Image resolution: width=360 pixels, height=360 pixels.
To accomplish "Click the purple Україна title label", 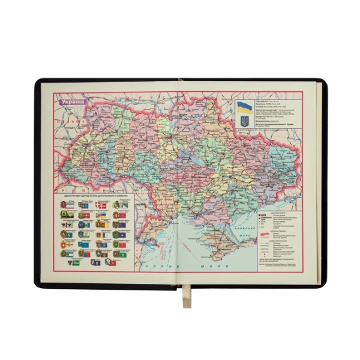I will click(72, 101).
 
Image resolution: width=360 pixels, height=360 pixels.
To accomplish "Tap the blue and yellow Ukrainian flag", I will click(244, 108).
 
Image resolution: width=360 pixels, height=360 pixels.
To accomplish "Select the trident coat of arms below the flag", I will click(244, 121).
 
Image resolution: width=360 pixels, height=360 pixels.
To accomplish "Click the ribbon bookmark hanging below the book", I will click(187, 297).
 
